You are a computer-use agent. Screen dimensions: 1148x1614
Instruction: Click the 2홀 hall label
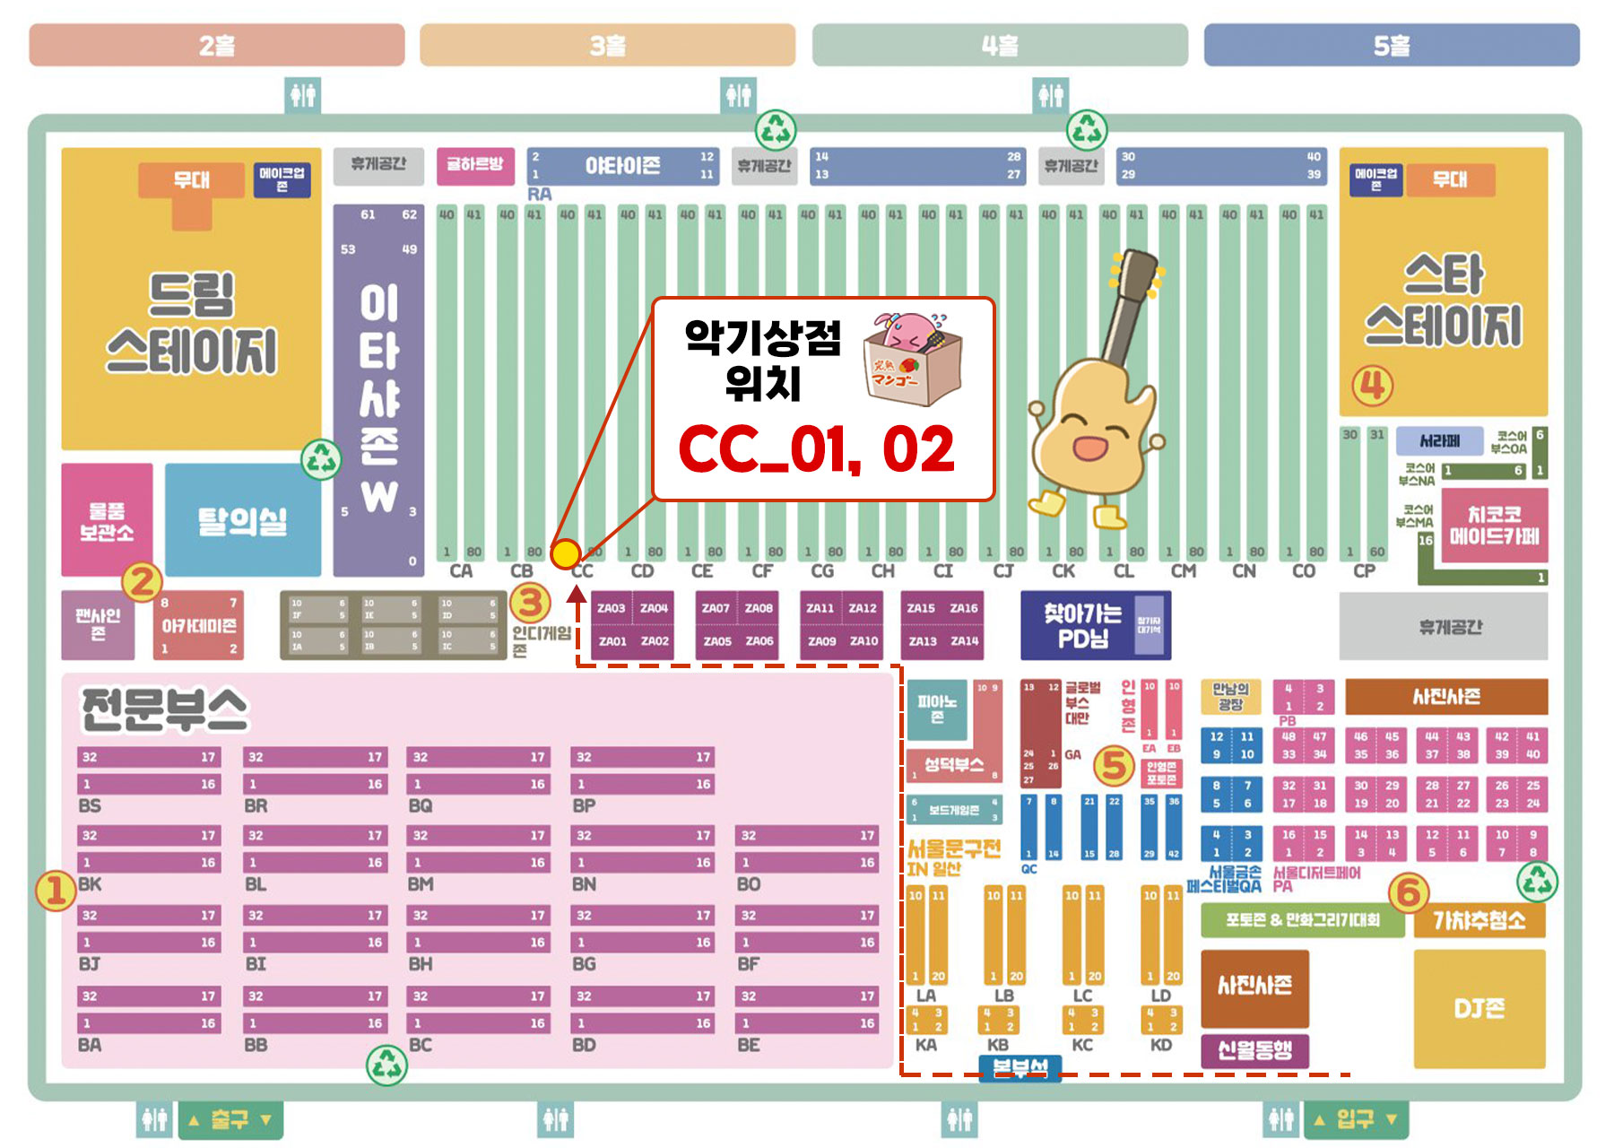click(216, 45)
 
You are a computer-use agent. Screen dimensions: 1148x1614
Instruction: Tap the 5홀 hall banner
click(1391, 45)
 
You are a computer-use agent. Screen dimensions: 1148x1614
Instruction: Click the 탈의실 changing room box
click(242, 520)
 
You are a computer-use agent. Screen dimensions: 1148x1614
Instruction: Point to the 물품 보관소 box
click(107, 521)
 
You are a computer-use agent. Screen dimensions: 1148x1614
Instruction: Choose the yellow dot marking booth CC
click(565, 554)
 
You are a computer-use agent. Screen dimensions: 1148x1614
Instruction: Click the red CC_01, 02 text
click(816, 449)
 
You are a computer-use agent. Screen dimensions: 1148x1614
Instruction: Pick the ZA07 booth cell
click(715, 608)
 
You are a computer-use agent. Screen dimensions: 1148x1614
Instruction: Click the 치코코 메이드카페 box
click(1493, 526)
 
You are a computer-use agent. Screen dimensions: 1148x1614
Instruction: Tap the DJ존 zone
click(1479, 1008)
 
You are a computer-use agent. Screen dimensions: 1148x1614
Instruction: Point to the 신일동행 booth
click(1254, 1049)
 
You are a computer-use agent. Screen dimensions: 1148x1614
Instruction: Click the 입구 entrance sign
click(1355, 1118)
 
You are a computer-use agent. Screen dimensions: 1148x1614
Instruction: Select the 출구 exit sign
click(230, 1119)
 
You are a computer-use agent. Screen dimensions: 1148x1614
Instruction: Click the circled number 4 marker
click(1372, 386)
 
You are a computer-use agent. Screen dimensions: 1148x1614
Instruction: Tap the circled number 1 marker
click(56, 891)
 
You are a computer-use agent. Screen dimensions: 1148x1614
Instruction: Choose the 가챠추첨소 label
click(1479, 920)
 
